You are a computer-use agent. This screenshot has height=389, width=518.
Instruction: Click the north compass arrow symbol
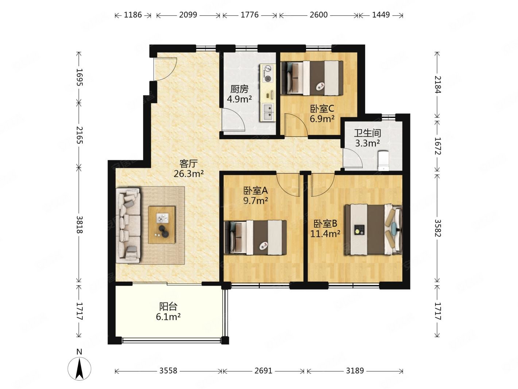(x=79, y=369)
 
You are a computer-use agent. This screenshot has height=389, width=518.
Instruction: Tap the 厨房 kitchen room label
(x=239, y=89)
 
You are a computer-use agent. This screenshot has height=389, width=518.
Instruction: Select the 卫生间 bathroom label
(x=367, y=133)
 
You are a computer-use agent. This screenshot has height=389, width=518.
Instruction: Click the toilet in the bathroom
(x=384, y=161)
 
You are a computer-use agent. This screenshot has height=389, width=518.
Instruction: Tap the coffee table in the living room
(x=162, y=225)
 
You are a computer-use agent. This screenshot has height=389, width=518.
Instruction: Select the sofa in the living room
(x=128, y=225)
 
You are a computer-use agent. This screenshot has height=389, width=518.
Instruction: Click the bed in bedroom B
(x=373, y=230)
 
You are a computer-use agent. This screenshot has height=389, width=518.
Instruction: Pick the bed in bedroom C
(x=312, y=78)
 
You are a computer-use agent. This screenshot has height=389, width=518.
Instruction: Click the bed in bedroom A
(x=255, y=238)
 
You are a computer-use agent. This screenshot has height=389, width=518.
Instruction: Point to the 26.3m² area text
(x=189, y=174)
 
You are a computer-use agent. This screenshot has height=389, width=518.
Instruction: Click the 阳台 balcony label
(x=168, y=306)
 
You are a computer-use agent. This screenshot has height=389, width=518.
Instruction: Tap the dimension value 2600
(x=318, y=15)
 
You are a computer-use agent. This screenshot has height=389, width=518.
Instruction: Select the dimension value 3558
(x=168, y=371)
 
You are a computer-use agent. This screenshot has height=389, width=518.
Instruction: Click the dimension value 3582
(x=437, y=228)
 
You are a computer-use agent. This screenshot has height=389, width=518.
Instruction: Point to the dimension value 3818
(x=80, y=225)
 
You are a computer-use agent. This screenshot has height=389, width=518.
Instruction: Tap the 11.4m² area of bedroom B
(x=325, y=234)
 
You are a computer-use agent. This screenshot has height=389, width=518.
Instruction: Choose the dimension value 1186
(x=133, y=15)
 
